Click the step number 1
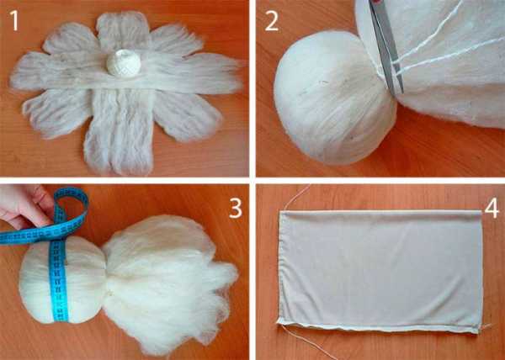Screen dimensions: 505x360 (14, 20)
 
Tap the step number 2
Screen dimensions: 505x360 (272, 21)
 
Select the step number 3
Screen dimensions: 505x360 (235, 208)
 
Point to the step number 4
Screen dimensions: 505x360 (492, 208)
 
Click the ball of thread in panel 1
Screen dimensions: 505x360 (124, 63)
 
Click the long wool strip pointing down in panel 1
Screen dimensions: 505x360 (120, 132)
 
